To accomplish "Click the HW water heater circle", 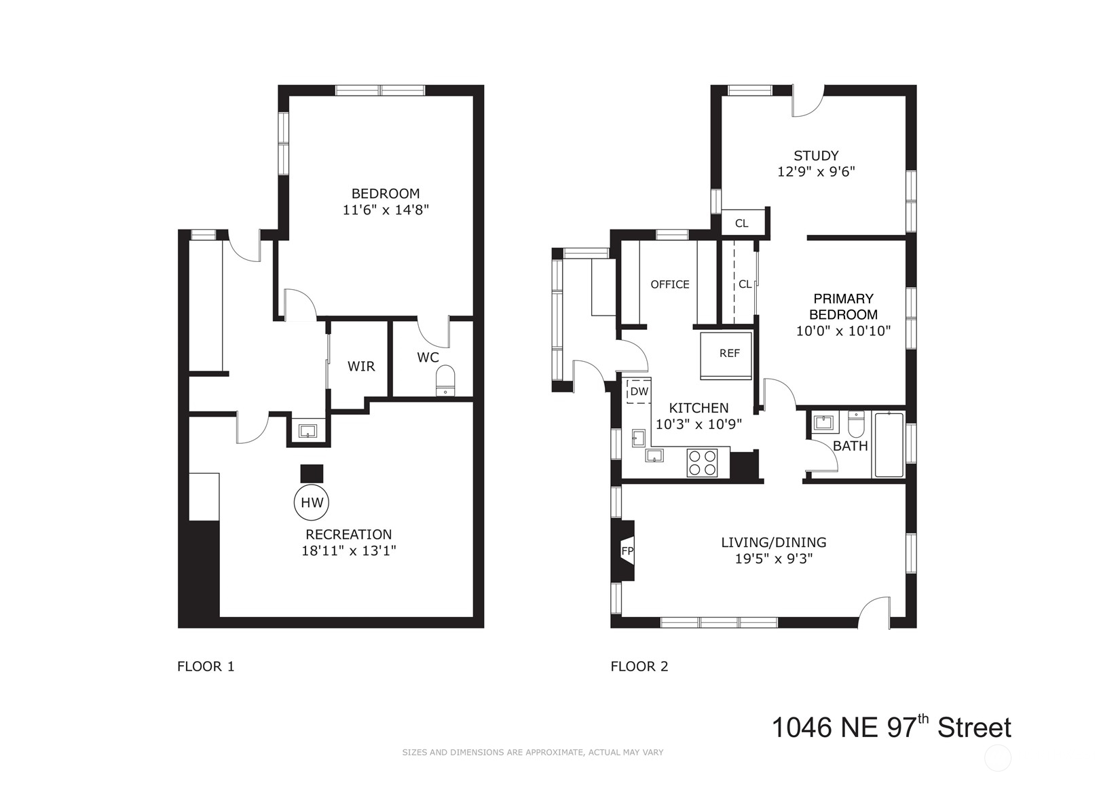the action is click(312, 502).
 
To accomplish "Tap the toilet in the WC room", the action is click(445, 381).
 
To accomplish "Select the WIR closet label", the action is click(361, 366).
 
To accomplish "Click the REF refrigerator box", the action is click(726, 356).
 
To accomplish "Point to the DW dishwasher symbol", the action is click(639, 392).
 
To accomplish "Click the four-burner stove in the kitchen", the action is click(703, 463).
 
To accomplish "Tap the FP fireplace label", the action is click(627, 551).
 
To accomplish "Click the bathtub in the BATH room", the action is click(889, 445).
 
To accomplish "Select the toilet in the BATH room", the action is click(855, 424).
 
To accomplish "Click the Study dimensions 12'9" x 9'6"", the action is click(816, 172).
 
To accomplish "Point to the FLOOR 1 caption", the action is click(206, 666).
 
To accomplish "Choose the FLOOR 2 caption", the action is click(639, 666).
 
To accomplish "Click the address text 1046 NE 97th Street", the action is click(891, 727).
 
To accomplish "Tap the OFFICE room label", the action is click(670, 284).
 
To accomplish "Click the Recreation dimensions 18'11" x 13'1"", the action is click(348, 551).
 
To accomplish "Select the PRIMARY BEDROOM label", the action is click(844, 306).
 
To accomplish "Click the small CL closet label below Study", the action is click(742, 223).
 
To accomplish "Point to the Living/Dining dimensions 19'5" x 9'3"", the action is click(774, 559).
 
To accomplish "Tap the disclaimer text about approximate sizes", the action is click(533, 753).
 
